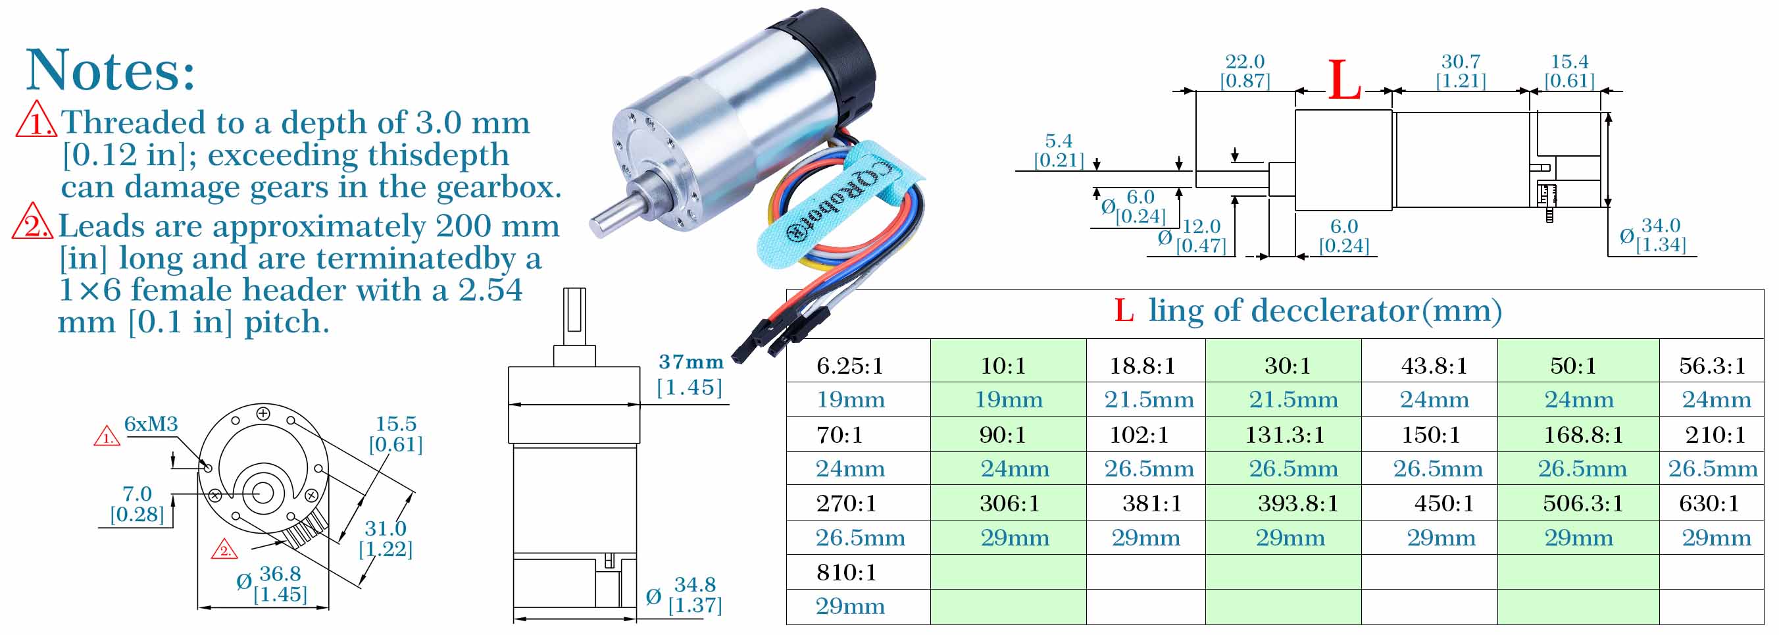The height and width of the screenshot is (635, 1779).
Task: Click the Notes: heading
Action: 111,70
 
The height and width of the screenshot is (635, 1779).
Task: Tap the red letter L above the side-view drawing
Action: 1344,80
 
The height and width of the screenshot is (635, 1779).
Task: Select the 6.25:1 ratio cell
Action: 850,365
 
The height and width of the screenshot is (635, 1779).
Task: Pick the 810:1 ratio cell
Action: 847,572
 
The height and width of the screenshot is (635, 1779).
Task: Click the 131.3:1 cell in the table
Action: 1285,434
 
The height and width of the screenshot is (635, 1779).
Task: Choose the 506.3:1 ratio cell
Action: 1583,503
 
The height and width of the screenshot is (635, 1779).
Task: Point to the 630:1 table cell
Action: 1709,503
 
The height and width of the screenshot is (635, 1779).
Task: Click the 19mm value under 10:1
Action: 1009,399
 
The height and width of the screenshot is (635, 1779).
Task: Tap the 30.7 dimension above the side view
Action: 1461,61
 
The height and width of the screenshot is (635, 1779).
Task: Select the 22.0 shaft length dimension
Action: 1245,61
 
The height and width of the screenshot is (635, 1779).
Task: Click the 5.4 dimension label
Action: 1059,141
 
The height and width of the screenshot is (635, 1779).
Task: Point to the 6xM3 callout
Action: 151,424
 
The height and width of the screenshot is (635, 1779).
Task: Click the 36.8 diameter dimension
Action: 280,574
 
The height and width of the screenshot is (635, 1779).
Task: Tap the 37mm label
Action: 691,361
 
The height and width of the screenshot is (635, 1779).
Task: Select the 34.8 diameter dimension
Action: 695,584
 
